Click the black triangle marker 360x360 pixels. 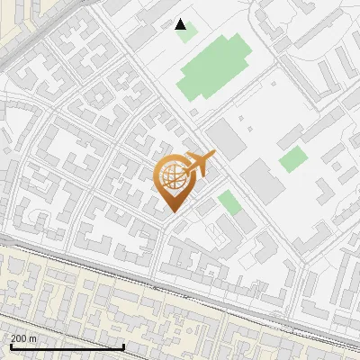click(181, 24)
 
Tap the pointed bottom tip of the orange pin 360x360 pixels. click(173, 211)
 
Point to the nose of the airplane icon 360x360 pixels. click(213, 156)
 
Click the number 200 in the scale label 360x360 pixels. click(18, 338)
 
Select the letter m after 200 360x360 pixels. click(33, 338)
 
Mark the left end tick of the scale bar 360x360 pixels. click(10, 346)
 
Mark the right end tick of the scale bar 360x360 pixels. click(123, 346)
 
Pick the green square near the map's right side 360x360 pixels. click(292, 160)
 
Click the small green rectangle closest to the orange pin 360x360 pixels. click(229, 202)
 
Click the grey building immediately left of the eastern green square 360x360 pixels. click(262, 181)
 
